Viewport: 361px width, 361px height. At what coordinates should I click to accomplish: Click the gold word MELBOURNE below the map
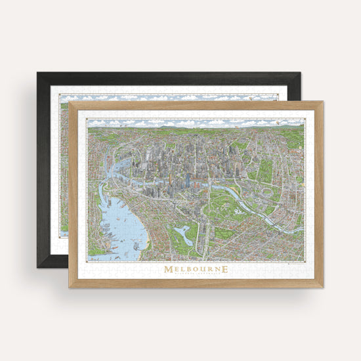196,269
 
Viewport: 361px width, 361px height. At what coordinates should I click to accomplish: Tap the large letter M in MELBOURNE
169,269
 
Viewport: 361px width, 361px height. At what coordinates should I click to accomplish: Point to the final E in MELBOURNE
225,269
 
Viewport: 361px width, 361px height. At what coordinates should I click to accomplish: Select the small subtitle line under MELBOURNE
196,276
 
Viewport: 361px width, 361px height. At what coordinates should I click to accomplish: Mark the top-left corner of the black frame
37,73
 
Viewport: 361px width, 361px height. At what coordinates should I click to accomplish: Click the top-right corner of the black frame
301,73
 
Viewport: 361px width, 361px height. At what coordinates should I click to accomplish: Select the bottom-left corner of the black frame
37,267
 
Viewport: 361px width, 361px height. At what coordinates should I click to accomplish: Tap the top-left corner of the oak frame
69,102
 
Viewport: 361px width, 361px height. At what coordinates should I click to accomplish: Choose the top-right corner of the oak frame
323,102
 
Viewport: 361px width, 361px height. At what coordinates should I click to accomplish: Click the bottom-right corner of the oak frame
323,287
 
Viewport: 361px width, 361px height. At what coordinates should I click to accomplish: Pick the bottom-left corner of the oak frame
69,287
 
